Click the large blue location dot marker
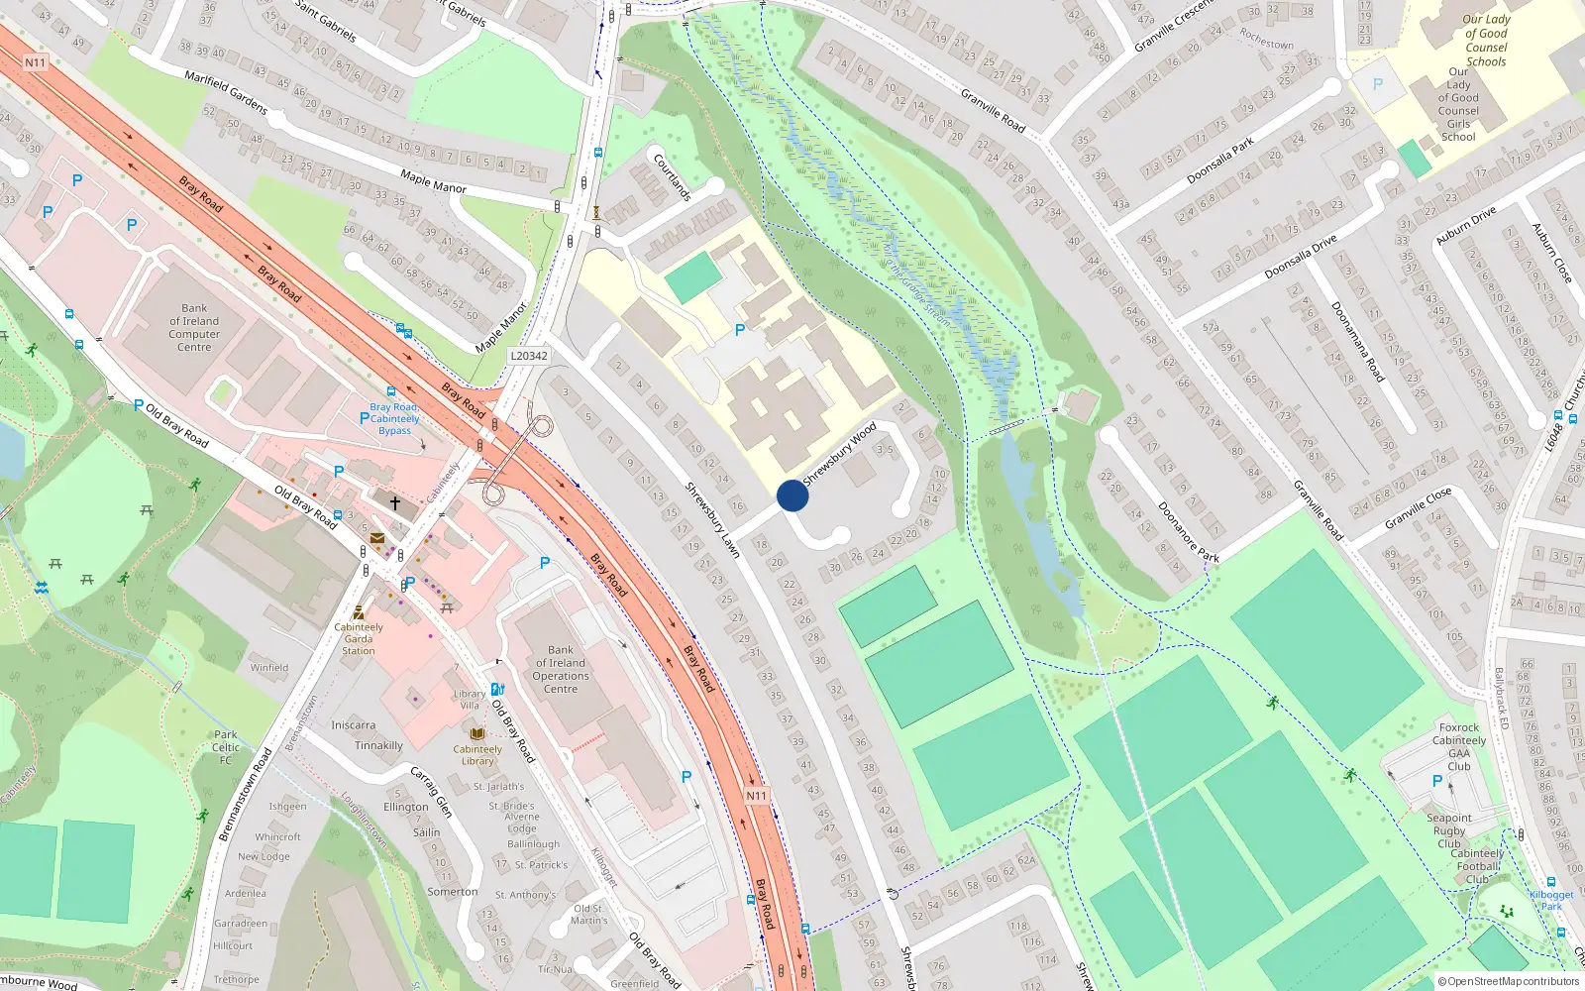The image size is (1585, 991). (792, 495)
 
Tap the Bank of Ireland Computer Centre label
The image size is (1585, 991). (194, 328)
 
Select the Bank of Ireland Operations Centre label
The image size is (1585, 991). (561, 670)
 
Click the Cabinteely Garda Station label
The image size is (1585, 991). (359, 638)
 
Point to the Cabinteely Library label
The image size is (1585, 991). (477, 755)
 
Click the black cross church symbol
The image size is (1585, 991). (394, 503)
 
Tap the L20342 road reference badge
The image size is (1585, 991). (528, 356)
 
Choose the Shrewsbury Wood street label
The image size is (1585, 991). (839, 454)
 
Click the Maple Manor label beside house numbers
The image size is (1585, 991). (433, 181)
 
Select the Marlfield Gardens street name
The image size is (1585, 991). (226, 92)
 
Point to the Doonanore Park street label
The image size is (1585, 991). (1188, 532)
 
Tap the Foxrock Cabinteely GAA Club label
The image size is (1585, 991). (1459, 746)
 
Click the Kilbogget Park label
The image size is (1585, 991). (1551, 900)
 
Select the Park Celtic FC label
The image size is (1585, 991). (226, 747)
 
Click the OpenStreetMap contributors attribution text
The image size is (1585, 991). (1509, 981)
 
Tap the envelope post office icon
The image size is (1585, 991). (377, 538)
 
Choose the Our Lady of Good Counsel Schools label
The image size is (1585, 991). (1486, 41)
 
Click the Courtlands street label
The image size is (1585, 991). (672, 177)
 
